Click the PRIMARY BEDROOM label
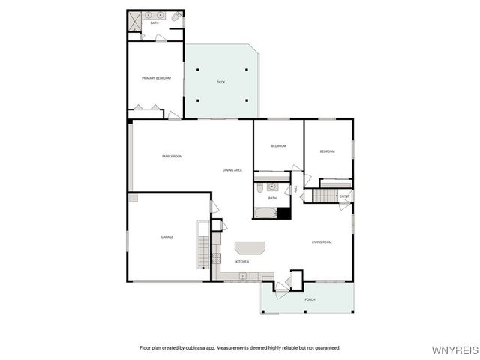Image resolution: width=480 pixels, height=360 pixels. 157,78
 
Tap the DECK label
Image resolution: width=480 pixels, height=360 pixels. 221,82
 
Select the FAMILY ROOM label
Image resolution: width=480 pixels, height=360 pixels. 172,156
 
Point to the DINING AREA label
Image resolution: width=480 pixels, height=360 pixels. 232,170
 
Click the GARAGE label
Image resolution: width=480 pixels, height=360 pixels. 166,237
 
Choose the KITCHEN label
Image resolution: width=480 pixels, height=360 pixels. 242,262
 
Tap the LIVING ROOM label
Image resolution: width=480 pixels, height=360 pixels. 322,241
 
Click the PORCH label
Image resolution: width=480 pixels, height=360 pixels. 310,300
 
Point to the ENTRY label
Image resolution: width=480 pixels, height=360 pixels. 344,196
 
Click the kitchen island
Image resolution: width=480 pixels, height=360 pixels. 250,248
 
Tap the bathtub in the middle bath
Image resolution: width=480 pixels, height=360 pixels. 265,213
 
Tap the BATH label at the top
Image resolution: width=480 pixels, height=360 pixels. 154,23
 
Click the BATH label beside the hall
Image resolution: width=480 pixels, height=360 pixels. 272,198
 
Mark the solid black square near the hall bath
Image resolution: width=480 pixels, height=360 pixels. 283,213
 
